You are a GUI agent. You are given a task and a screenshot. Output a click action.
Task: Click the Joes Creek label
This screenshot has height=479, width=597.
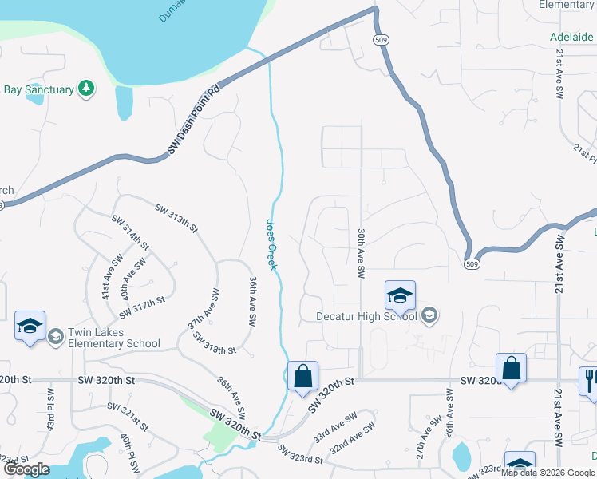point(271,245)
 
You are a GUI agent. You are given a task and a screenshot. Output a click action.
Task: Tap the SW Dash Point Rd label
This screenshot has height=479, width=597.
point(194,121)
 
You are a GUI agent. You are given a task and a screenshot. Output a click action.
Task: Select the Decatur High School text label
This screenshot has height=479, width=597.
point(366,316)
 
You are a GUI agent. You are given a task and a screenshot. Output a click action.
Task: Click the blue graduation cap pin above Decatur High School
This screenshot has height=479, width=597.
point(400,296)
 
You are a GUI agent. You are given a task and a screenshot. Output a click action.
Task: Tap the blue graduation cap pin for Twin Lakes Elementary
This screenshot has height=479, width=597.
point(30,327)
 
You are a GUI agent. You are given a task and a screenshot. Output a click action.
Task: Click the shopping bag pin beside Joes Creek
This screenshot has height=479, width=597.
point(303,377)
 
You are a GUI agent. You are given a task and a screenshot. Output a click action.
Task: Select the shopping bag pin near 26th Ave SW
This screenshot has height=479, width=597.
point(511,369)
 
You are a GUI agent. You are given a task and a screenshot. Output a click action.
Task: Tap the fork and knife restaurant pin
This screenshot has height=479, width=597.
point(590,380)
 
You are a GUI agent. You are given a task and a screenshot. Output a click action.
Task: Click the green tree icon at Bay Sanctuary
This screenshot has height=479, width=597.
point(86,89)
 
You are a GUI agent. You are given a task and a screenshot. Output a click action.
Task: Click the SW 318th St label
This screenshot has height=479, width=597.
point(214,343)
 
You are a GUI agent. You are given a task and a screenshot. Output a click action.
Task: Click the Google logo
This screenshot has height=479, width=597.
point(26,469)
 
